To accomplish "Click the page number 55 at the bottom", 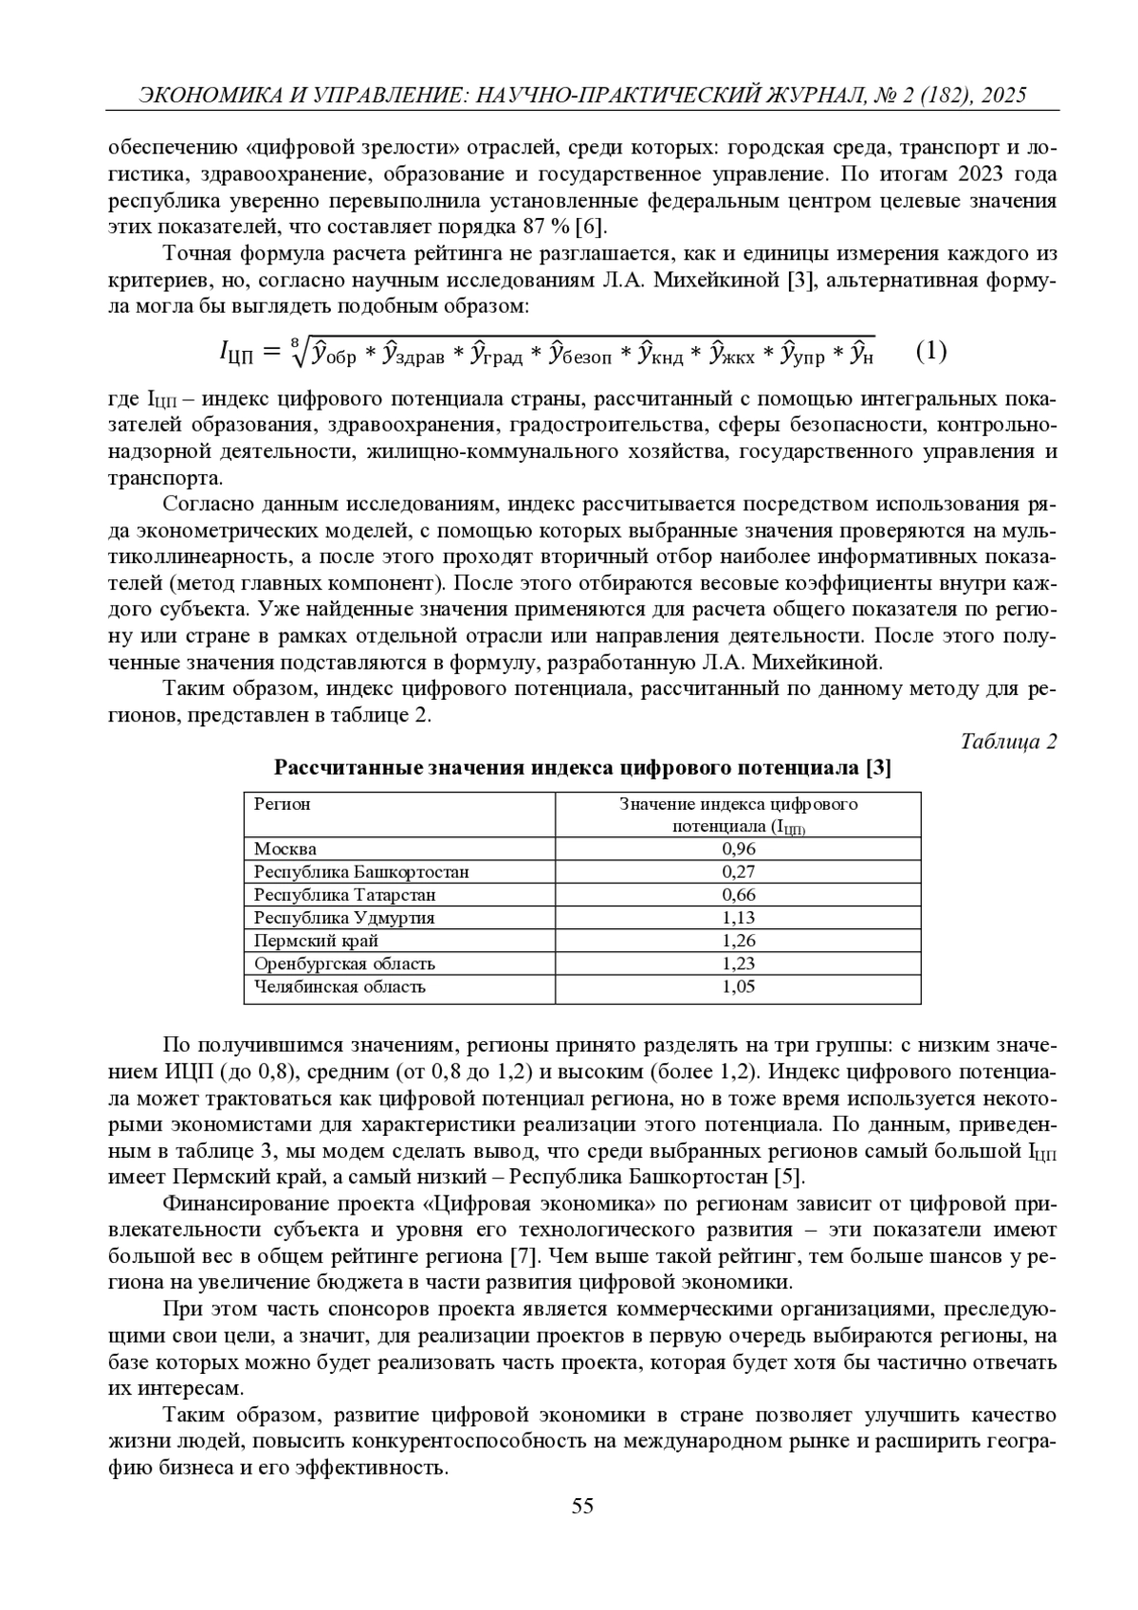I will point(582,1506).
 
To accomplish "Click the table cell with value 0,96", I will point(738,849).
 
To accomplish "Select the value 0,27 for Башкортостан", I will point(738,871).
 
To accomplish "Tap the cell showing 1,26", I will point(738,941).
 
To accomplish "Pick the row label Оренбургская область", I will point(344,963).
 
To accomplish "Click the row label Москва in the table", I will point(285,849).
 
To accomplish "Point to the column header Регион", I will point(283,804).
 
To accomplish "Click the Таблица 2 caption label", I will point(1008,741).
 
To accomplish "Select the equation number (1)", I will point(931,352).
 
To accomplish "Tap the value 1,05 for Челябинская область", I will point(738,986).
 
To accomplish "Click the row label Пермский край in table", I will point(316,941).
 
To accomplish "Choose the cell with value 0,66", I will point(738,894).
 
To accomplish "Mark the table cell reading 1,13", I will point(738,917).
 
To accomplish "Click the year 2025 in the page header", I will point(1004,95).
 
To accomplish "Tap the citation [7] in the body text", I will point(522,1256).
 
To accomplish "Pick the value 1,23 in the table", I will point(738,963).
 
